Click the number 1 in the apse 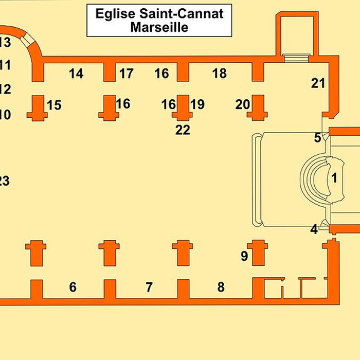pos(334,178)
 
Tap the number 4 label pos(314,229)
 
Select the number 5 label pos(318,137)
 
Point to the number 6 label pos(73,287)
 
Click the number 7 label pos(149,287)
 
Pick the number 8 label pos(221,287)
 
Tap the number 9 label pos(244,255)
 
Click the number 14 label pos(76,74)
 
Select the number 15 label pos(54,105)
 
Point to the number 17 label pos(127,74)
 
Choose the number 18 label pos(220,74)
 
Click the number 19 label pos(197,104)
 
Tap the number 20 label pos(243,104)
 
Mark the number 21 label pos(318,82)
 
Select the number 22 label pos(183,130)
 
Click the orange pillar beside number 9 pos(258,253)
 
